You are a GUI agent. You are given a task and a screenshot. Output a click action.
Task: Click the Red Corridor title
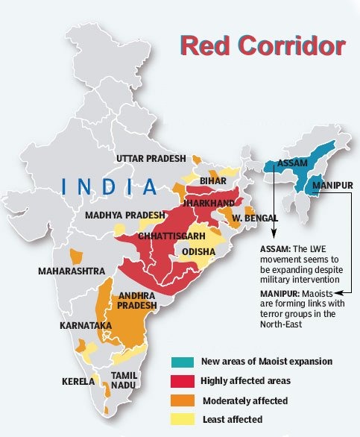[263, 46]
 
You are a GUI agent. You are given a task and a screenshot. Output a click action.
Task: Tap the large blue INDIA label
[110, 186]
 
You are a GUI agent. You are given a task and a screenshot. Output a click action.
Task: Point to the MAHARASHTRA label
[72, 271]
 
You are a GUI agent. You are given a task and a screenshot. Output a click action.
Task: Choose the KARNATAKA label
[86, 327]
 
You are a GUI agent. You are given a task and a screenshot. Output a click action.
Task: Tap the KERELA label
[78, 382]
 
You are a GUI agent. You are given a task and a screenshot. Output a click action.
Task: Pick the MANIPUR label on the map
[332, 183]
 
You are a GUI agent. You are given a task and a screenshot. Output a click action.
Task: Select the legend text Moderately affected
[245, 401]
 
